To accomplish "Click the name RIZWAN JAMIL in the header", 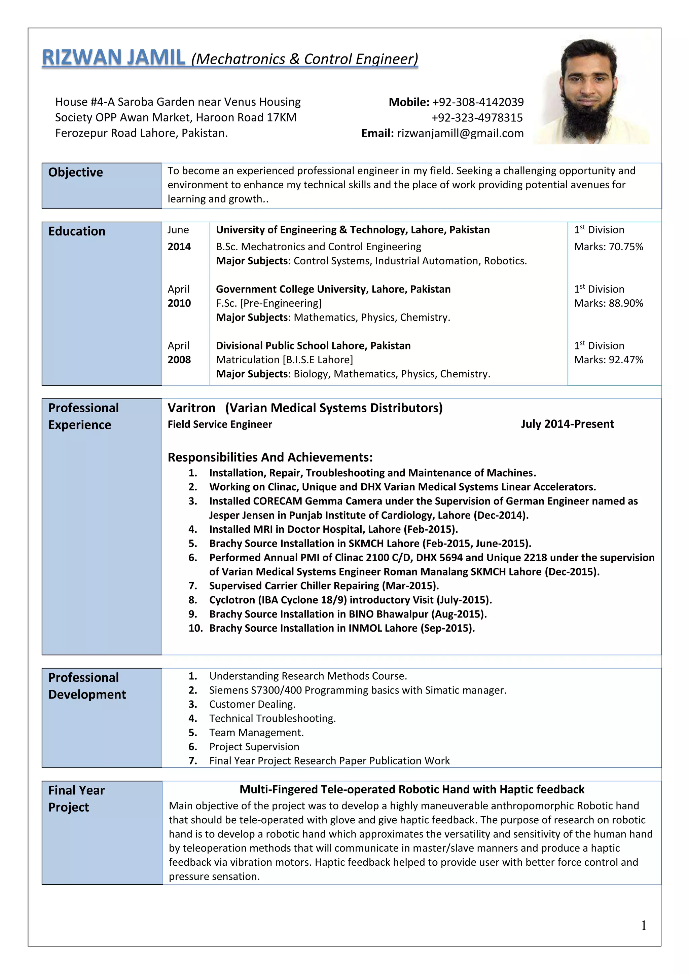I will pyautogui.click(x=113, y=58).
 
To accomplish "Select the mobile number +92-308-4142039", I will pyautogui.click(x=478, y=102).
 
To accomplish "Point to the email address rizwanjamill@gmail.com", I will pyautogui.click(x=460, y=133).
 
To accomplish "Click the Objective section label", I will pyautogui.click(x=75, y=172).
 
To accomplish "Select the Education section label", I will pyautogui.click(x=77, y=231).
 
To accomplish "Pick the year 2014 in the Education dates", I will pyautogui.click(x=179, y=247).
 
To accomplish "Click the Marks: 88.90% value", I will pyautogui.click(x=608, y=303).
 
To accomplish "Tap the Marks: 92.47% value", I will pyautogui.click(x=608, y=360).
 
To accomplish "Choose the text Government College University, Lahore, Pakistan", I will pyautogui.click(x=333, y=289).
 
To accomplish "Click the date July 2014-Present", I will pyautogui.click(x=567, y=424).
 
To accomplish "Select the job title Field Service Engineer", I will pyautogui.click(x=220, y=424).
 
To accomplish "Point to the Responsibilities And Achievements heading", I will pyautogui.click(x=270, y=457).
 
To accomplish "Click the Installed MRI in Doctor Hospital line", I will pyautogui.click(x=333, y=529).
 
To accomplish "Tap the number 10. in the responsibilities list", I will pyautogui.click(x=195, y=628).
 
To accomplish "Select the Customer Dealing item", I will pyautogui.click(x=252, y=704).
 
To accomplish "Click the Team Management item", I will pyautogui.click(x=256, y=733).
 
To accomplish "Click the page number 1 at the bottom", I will pyautogui.click(x=644, y=925).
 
